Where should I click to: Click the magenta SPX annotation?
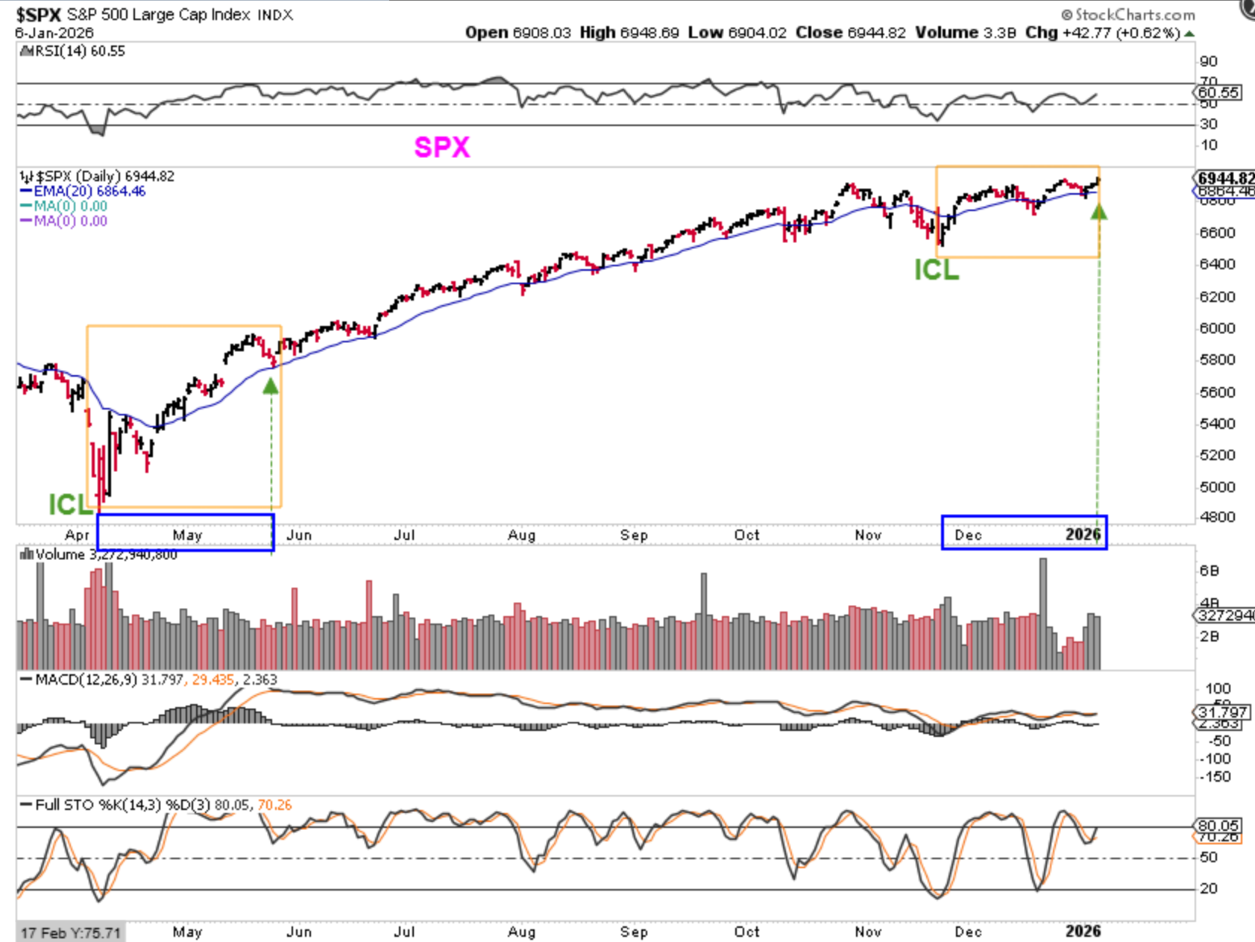click(x=442, y=147)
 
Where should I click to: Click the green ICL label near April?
click(x=70, y=505)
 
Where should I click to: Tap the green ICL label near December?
click(x=937, y=270)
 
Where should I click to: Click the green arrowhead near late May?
click(x=271, y=385)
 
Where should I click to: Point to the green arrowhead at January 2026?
click(x=1098, y=211)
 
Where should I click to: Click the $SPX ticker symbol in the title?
click(x=38, y=15)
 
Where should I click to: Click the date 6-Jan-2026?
click(x=54, y=33)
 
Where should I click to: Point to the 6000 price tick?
click(x=1217, y=328)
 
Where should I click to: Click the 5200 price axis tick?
click(x=1217, y=455)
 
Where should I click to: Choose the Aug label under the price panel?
click(x=521, y=535)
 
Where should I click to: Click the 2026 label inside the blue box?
click(x=1083, y=534)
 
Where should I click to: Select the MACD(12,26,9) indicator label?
click(x=86, y=680)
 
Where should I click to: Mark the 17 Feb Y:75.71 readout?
click(x=70, y=933)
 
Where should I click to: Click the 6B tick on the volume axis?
click(x=1209, y=571)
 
